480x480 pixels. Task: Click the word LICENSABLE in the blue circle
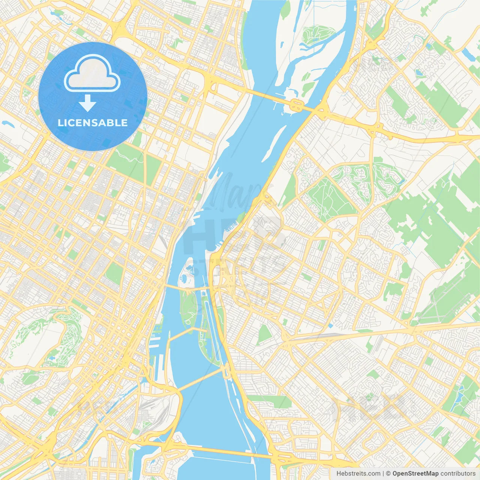click(93, 123)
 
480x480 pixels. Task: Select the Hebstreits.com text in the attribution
click(358, 474)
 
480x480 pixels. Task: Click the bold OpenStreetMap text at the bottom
click(415, 474)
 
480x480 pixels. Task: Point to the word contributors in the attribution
click(458, 474)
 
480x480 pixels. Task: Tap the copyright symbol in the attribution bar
click(388, 474)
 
